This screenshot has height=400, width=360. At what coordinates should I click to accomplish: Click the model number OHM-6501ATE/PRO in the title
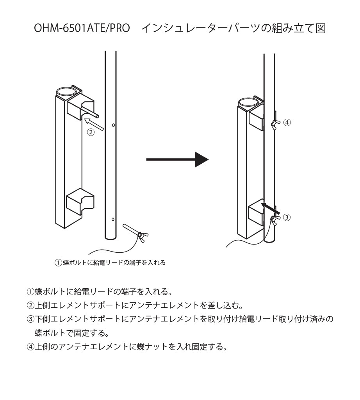coord(82,29)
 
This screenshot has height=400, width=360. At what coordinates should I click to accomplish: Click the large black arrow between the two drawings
coord(178,159)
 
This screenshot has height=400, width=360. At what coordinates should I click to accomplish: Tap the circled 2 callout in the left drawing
coord(91,132)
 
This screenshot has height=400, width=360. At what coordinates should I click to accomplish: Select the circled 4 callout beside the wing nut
coord(287,122)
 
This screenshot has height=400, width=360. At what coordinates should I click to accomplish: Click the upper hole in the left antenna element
coord(113,125)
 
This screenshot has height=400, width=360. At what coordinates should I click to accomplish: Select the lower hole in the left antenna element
coord(113,219)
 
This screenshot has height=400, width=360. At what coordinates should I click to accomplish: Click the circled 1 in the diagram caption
coord(58,263)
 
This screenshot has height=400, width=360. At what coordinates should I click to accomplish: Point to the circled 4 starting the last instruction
coord(30,346)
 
